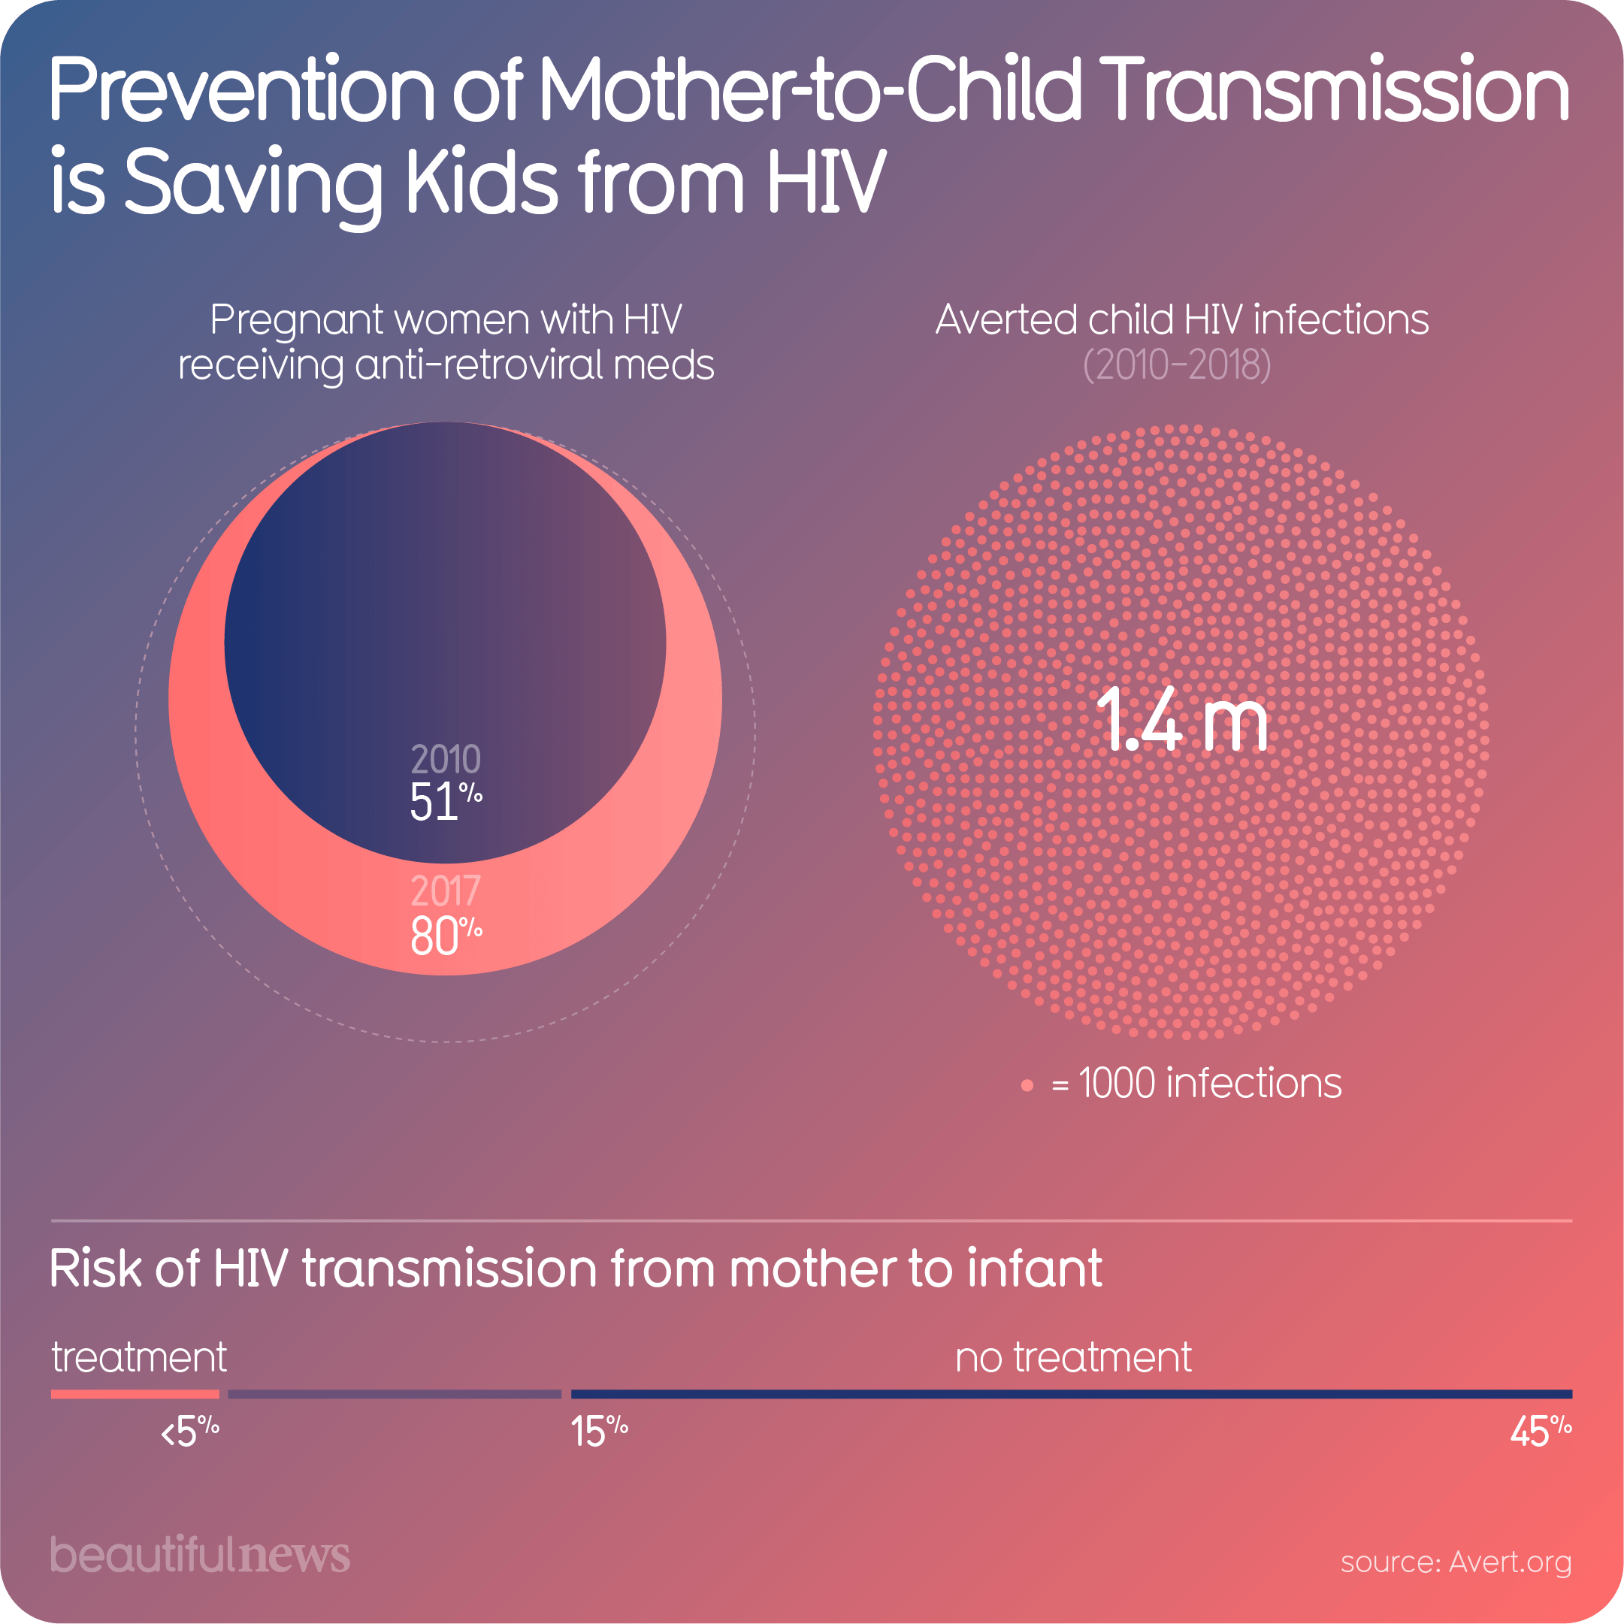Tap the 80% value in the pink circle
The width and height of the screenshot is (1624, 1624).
[445, 936]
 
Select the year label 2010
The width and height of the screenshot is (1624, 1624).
[445, 760]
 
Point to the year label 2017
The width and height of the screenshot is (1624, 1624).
[445, 891]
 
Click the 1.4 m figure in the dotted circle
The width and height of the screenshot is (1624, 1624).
[1181, 721]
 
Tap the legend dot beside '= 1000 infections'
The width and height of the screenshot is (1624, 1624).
[1027, 1085]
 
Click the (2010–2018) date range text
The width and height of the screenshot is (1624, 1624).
[1177, 364]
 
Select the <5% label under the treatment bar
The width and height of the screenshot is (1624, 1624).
[190, 1432]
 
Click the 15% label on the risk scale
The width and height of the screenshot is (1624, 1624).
[598, 1432]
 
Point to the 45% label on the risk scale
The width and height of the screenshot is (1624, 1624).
[1540, 1432]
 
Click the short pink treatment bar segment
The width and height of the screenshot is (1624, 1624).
[135, 1394]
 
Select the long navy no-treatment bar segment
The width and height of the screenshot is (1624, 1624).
[1071, 1394]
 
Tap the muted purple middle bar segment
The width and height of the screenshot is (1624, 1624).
[395, 1394]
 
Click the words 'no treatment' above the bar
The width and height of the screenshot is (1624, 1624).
[1072, 1357]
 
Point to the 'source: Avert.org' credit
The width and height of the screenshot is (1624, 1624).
[1455, 1562]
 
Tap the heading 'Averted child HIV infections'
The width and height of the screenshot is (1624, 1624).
[1181, 319]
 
